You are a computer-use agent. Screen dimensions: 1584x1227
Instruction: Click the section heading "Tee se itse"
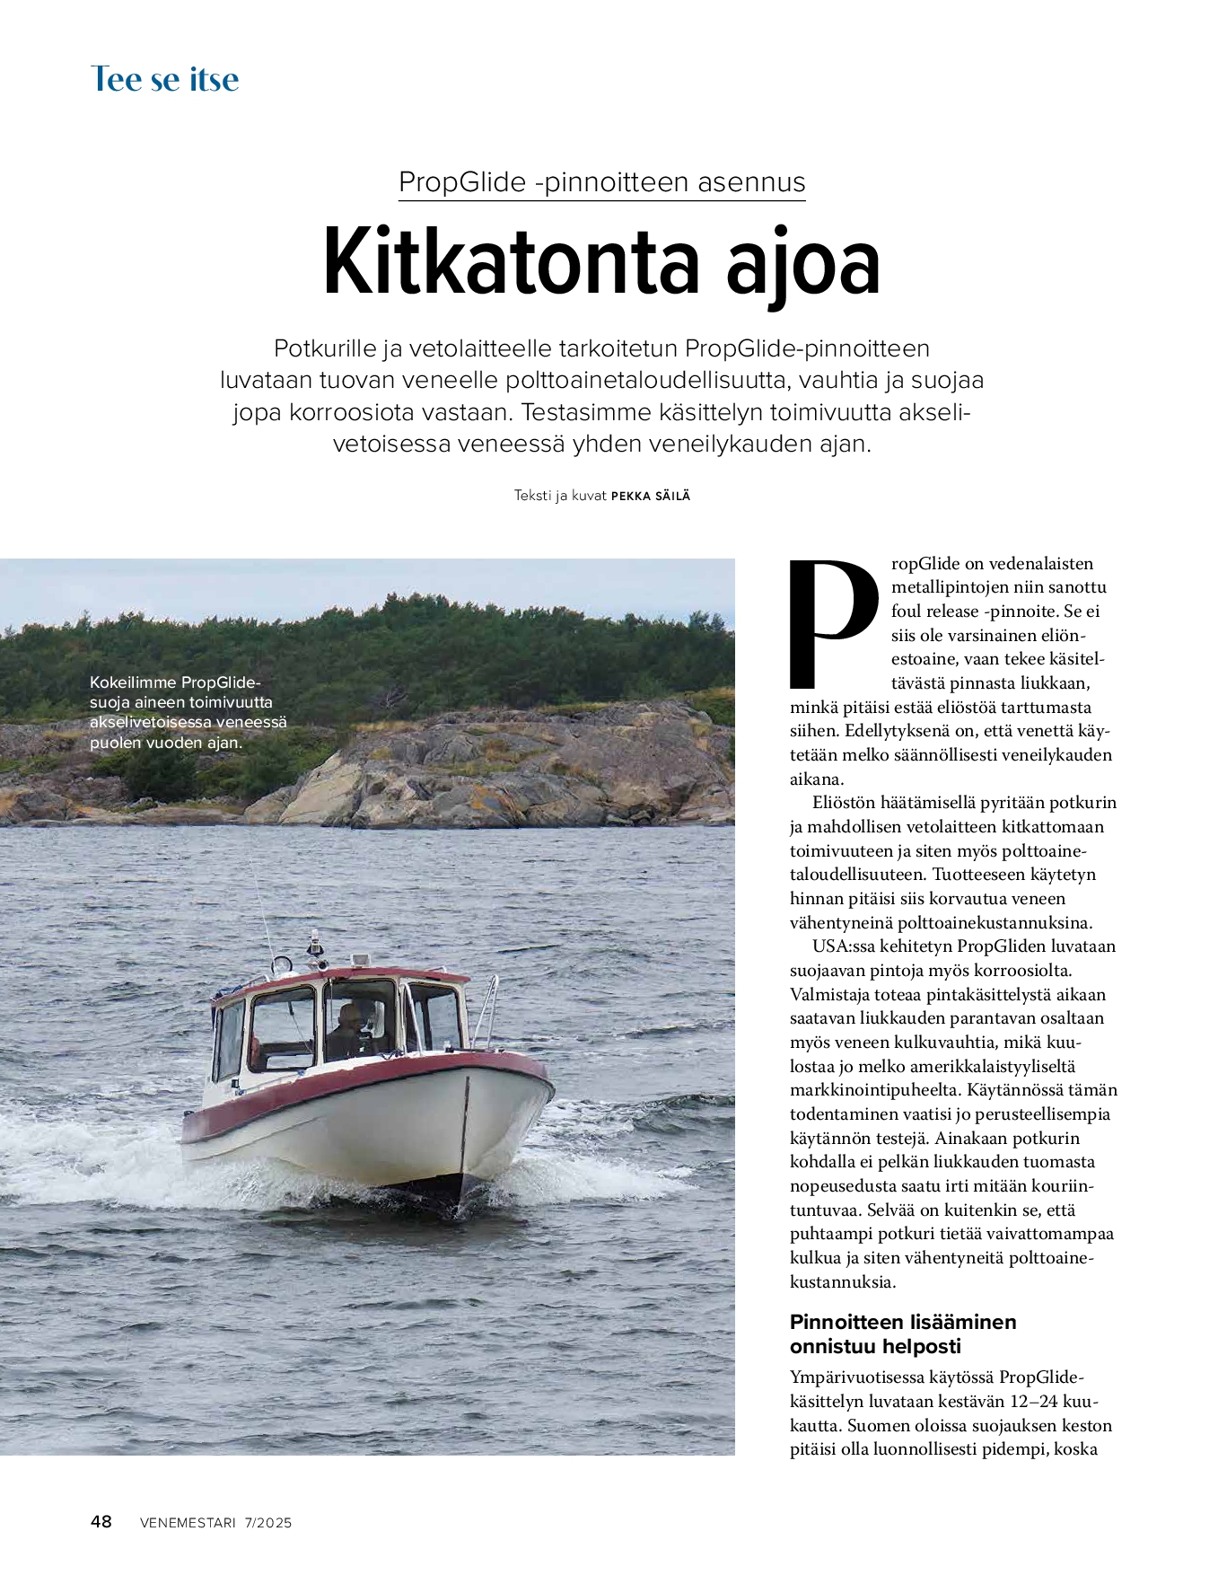point(165,79)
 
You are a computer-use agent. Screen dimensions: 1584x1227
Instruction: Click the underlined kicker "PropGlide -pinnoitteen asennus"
point(601,182)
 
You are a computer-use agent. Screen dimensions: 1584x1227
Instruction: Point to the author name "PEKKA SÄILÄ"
point(651,496)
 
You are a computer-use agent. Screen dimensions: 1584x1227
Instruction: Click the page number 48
point(101,1521)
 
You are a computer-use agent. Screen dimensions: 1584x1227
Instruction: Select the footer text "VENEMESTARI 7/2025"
point(216,1522)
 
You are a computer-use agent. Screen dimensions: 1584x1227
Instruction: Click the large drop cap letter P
point(830,624)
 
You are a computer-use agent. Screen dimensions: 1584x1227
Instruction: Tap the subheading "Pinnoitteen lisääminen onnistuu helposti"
point(902,1333)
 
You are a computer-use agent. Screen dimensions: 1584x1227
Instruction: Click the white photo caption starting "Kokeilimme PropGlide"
point(188,712)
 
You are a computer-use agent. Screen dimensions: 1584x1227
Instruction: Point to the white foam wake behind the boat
point(108,1167)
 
